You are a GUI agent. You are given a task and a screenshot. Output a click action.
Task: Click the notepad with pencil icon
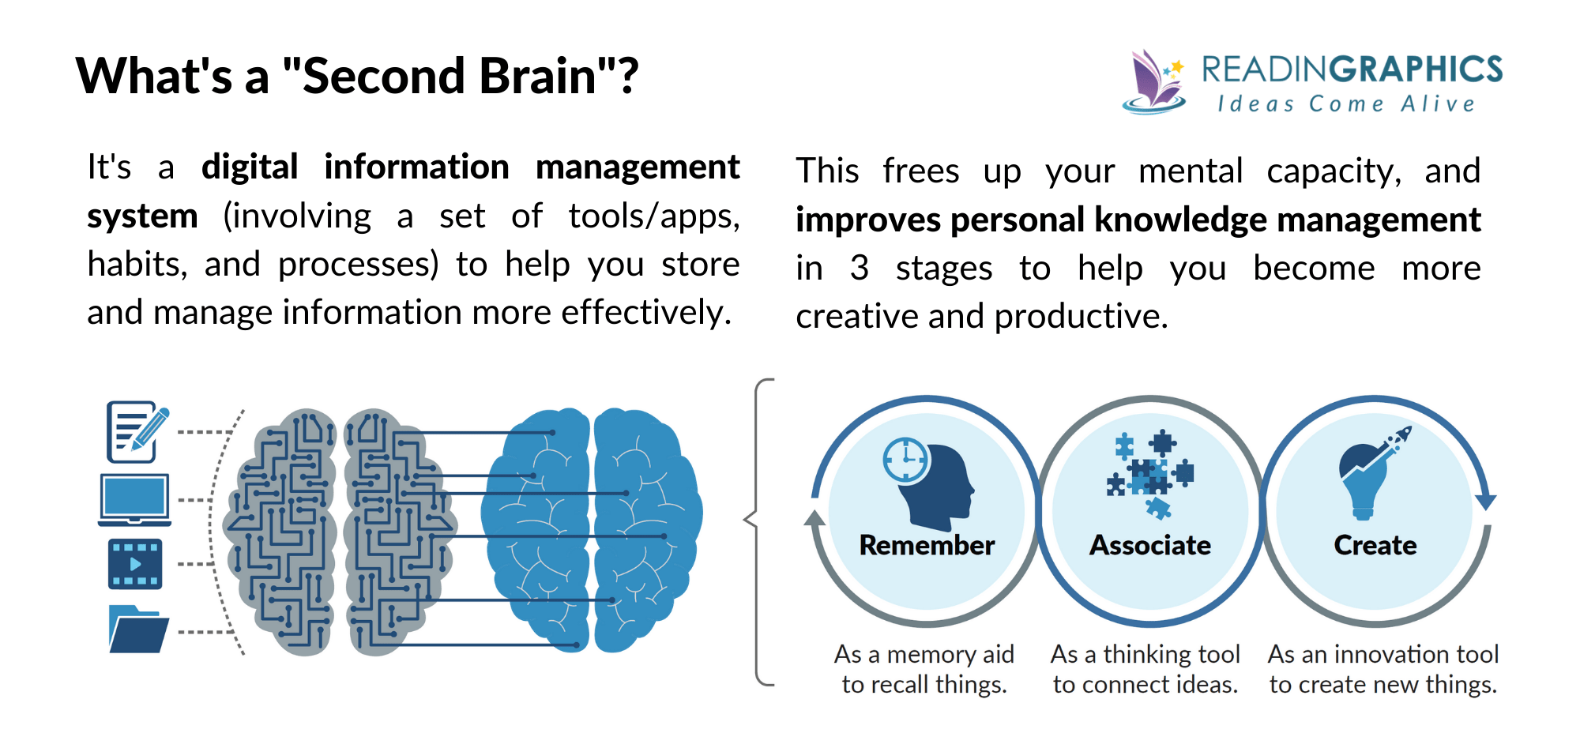[x=136, y=431]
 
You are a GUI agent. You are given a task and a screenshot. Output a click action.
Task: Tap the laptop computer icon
[x=134, y=499]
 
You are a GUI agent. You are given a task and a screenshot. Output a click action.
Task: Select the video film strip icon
[x=135, y=564]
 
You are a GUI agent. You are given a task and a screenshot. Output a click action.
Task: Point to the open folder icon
[x=137, y=630]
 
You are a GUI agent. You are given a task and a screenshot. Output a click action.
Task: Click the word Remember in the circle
[x=927, y=545]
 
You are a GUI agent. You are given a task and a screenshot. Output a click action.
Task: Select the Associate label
[x=1150, y=545]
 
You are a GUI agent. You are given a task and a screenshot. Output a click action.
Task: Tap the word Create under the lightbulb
[x=1375, y=545]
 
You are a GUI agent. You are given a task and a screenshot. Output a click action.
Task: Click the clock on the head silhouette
[x=905, y=460]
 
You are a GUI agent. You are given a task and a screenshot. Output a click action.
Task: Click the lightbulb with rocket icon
[x=1371, y=474]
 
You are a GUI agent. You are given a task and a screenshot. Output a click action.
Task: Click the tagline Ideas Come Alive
[x=1346, y=104]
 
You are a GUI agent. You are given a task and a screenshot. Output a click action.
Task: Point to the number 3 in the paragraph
[x=860, y=269]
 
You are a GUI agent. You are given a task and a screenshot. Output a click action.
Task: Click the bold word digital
[x=250, y=167]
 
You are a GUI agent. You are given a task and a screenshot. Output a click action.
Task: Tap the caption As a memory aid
[x=924, y=654]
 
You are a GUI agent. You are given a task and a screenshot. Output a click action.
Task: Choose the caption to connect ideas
[x=1145, y=684]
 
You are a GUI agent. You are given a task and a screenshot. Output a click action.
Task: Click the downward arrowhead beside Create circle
[x=1486, y=502]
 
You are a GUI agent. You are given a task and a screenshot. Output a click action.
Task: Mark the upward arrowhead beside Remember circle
[x=814, y=518]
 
